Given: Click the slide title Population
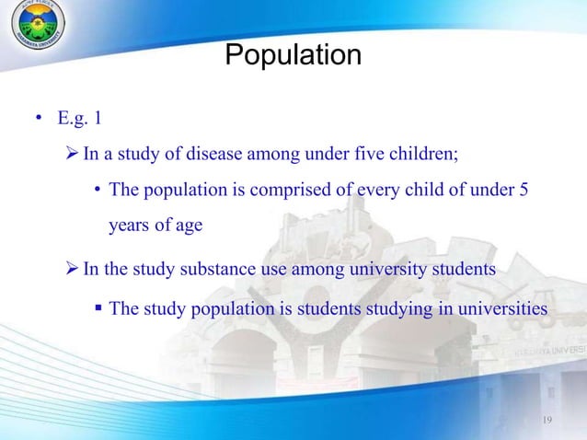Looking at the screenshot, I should (293, 55).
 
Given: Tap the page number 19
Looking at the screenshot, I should (547, 421).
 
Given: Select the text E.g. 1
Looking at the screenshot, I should (83, 118).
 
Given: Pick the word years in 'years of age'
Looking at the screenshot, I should (129, 225).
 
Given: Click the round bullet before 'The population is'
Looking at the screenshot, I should (97, 191).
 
